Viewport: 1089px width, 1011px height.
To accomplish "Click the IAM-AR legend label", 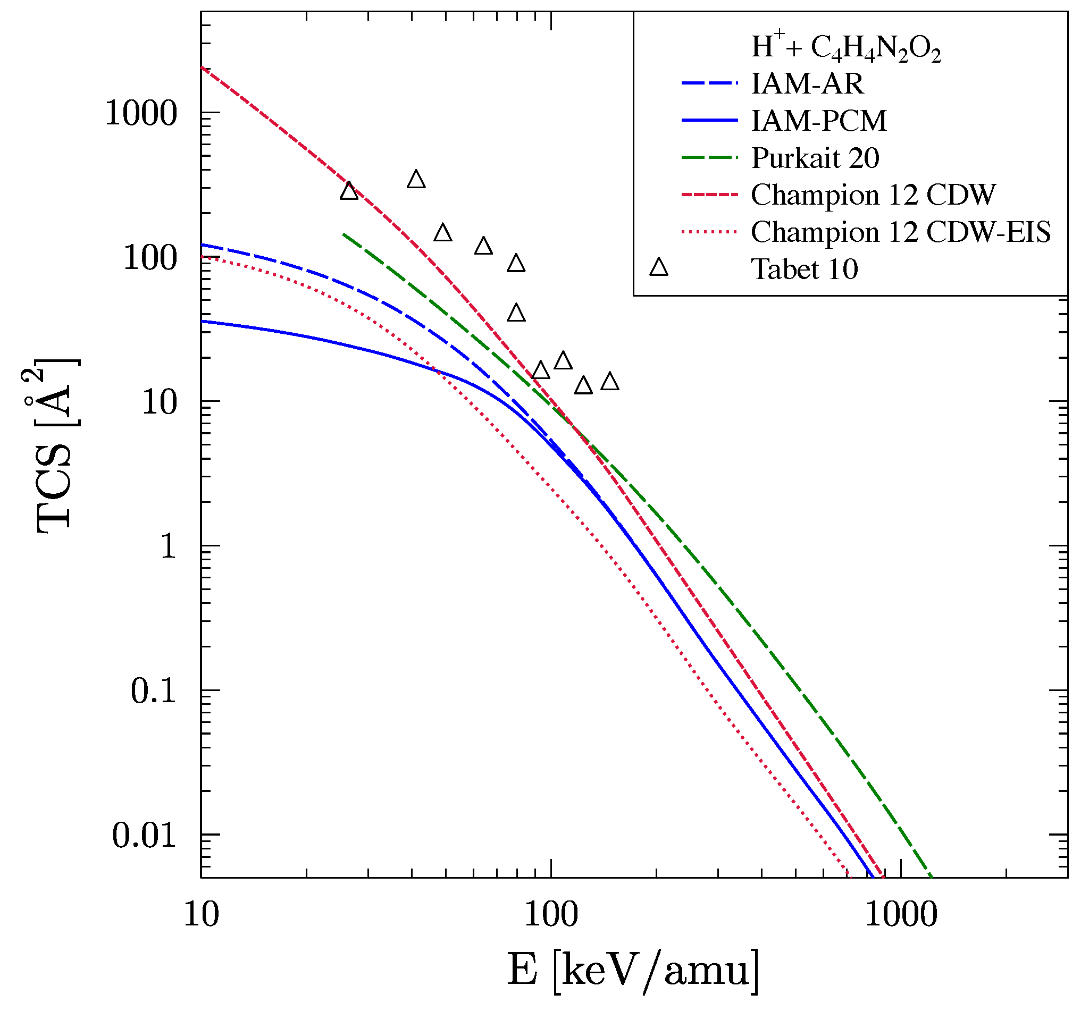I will click(807, 83).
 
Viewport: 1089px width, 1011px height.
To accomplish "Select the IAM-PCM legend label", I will click(819, 121).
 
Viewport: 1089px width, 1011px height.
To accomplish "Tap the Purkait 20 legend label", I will click(815, 158).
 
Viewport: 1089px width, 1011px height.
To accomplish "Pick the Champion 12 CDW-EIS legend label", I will click(900, 232).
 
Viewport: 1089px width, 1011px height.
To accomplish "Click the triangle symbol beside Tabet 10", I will click(659, 267).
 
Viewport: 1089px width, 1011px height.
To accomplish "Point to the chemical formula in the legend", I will click(845, 48).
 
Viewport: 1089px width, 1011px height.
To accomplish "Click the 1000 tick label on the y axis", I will click(141, 114).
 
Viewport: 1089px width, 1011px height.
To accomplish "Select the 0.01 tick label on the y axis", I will click(145, 836).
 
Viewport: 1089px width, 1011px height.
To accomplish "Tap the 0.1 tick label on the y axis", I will click(153, 692).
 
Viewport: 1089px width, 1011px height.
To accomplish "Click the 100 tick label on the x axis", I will click(550, 915).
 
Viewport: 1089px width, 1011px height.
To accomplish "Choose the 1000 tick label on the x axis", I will click(901, 915).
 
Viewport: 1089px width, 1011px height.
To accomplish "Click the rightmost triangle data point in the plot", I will click(609, 382).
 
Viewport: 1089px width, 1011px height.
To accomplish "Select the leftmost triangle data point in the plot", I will click(349, 191).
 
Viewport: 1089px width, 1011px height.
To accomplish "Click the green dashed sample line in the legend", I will click(709, 157).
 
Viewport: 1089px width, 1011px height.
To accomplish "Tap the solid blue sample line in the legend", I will click(709, 120).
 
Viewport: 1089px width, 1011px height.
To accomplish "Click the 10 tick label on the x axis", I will click(201, 915).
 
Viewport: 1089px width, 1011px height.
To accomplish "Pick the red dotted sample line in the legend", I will click(709, 232).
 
